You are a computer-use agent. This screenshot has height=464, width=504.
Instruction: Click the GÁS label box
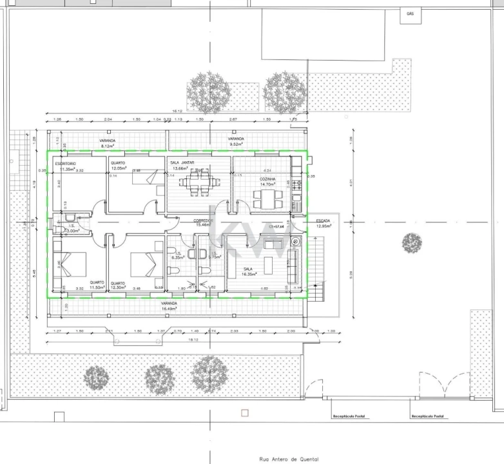coord(410,14)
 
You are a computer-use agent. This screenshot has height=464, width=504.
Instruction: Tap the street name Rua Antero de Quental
coord(280,459)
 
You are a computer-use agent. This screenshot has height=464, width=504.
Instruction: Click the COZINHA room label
coord(267,179)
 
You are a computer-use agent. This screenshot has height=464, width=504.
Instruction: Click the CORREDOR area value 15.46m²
coord(204,225)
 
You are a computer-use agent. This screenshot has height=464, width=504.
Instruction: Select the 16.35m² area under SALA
coord(253,274)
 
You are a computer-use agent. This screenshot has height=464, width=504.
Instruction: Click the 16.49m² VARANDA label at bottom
coord(169,309)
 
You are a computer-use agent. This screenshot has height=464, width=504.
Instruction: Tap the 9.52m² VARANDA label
coord(235,144)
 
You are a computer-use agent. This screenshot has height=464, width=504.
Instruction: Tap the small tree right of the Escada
coord(412,243)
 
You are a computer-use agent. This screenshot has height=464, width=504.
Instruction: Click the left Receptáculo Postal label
coord(349,416)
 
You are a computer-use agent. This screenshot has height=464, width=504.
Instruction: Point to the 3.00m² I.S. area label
coord(73,230)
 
